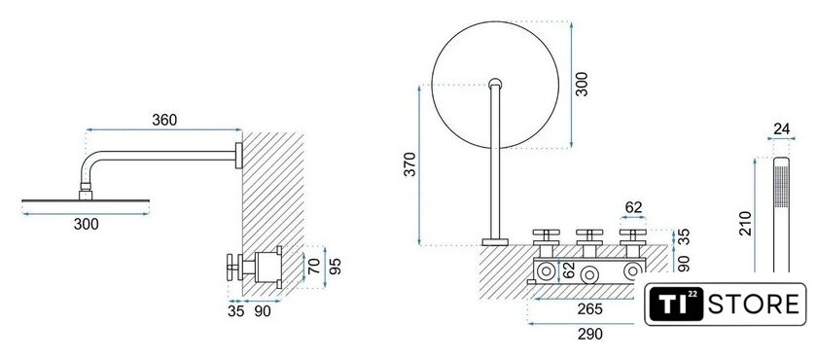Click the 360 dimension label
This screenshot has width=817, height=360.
[164, 120]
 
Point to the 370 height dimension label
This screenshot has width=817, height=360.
[410, 164]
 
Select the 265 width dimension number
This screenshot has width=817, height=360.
[589, 309]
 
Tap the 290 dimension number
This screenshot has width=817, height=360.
[589, 334]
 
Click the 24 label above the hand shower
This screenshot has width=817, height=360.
[782, 128]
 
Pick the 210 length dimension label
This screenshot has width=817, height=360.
[746, 223]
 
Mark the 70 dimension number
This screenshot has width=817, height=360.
[313, 267]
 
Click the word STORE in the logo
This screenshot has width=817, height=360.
[753, 305]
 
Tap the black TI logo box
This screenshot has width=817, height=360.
[676, 305]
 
